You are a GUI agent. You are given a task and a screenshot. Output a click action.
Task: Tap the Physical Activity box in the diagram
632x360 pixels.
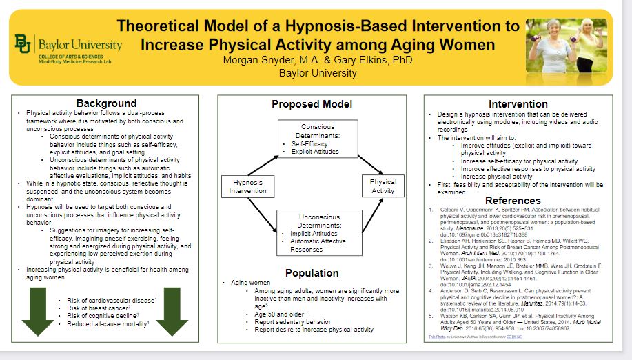[383, 186]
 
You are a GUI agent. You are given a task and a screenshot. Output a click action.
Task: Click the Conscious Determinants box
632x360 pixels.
[318, 139]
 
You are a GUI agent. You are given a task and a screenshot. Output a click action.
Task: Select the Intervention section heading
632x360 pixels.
[518, 103]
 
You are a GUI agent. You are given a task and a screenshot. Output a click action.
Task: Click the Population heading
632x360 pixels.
[311, 272]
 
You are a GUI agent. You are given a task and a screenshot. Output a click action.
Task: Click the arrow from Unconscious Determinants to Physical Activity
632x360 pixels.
[366, 214]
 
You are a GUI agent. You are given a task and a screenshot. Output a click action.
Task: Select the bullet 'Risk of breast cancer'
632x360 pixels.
[96, 308]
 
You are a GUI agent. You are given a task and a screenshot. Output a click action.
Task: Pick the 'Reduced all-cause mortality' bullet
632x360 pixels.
[108, 323]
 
